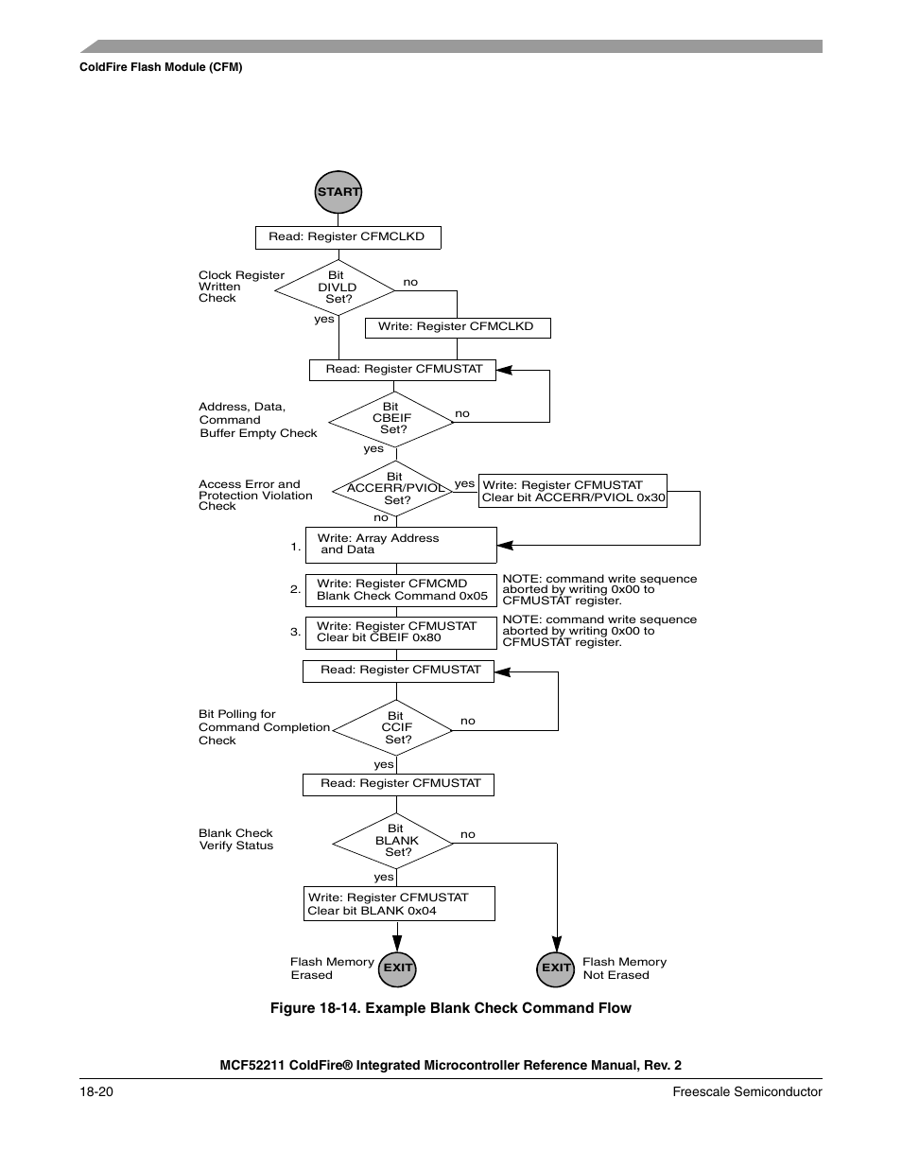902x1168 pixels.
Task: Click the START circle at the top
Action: click(x=338, y=192)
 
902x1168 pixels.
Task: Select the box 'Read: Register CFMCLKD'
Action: click(x=348, y=237)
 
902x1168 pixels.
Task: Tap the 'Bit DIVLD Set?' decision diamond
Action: click(x=335, y=288)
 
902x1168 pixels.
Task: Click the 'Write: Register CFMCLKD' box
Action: click(x=458, y=327)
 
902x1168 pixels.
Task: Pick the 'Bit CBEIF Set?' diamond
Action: click(x=391, y=418)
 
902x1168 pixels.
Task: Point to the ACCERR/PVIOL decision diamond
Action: click(x=394, y=489)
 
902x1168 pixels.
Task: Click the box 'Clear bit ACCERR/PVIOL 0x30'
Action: click(x=573, y=491)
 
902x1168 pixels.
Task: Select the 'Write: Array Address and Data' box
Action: click(x=401, y=545)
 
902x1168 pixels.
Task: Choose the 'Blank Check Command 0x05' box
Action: click(x=401, y=590)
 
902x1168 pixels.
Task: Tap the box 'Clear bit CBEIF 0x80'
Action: click(x=401, y=632)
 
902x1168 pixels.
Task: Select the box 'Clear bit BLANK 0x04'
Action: click(x=399, y=904)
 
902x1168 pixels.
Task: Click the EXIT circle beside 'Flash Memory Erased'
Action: click(x=397, y=968)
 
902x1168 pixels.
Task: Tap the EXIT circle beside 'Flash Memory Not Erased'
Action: click(x=556, y=968)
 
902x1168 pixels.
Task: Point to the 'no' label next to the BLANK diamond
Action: click(x=468, y=834)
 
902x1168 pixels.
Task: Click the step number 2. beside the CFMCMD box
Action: click(x=295, y=589)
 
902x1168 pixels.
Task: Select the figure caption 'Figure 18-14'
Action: click(x=450, y=1008)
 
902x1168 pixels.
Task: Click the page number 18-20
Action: click(x=96, y=1091)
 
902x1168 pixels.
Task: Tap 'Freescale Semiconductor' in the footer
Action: click(x=747, y=1091)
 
